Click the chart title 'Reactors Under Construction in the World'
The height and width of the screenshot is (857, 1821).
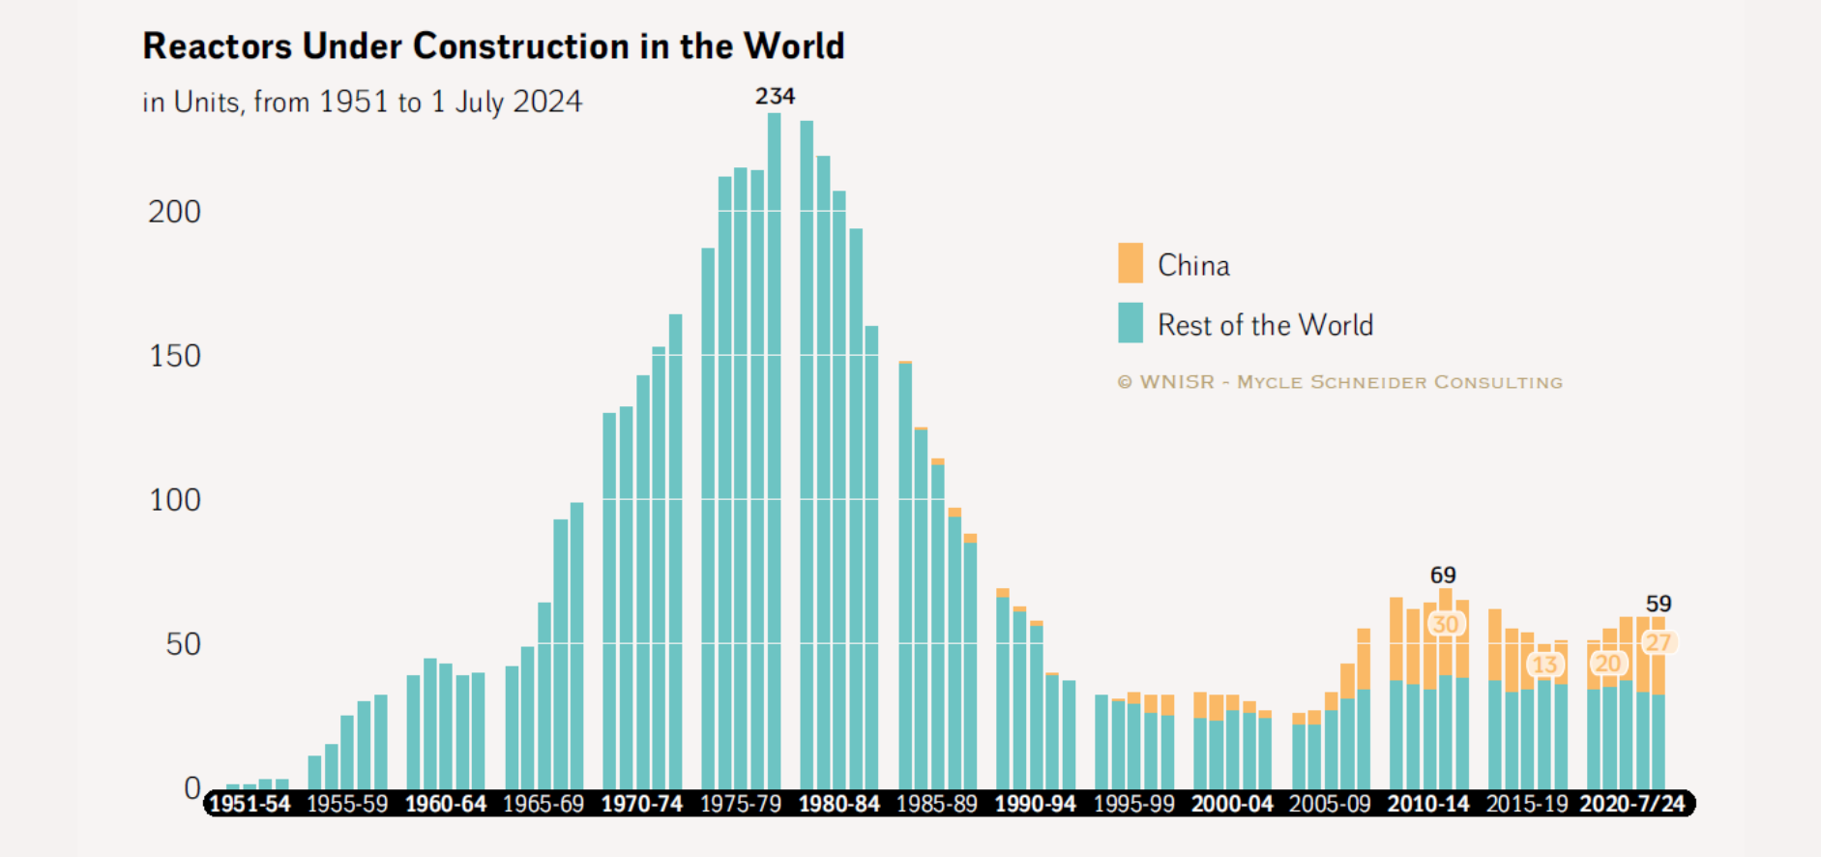[493, 46]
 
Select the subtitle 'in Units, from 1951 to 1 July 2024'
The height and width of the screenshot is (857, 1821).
[362, 102]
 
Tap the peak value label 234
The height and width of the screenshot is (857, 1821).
[775, 96]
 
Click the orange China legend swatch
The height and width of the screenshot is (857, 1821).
[1130, 263]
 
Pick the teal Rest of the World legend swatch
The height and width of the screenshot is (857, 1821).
[1130, 323]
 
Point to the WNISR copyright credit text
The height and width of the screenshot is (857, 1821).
[1339, 382]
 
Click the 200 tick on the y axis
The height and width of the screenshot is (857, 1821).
[174, 212]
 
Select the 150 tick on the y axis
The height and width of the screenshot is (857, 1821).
[174, 356]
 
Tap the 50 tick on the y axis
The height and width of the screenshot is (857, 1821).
[183, 644]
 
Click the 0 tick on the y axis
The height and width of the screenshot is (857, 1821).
[192, 788]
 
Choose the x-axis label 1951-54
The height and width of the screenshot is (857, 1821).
[250, 804]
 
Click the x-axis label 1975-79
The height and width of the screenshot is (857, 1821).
[741, 804]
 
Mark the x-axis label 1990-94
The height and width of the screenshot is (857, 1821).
[1035, 804]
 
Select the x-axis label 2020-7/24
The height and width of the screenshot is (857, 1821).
[1632, 804]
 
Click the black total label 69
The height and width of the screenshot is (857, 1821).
[1443, 576]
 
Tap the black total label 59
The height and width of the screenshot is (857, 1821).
[1659, 604]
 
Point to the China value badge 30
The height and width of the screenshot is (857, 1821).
[1445, 624]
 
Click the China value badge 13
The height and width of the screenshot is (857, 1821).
[1544, 665]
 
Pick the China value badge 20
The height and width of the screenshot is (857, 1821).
[1607, 664]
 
